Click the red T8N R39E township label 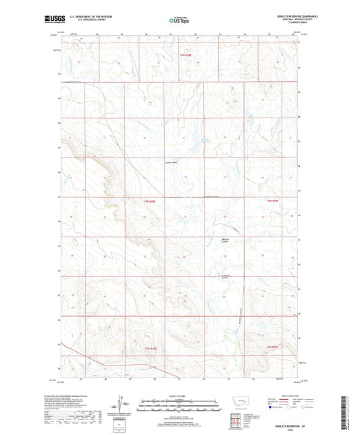pyautogui.click(x=272, y=201)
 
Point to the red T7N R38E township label pyautogui.click(x=149, y=348)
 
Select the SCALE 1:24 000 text pyautogui.click(x=180, y=396)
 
